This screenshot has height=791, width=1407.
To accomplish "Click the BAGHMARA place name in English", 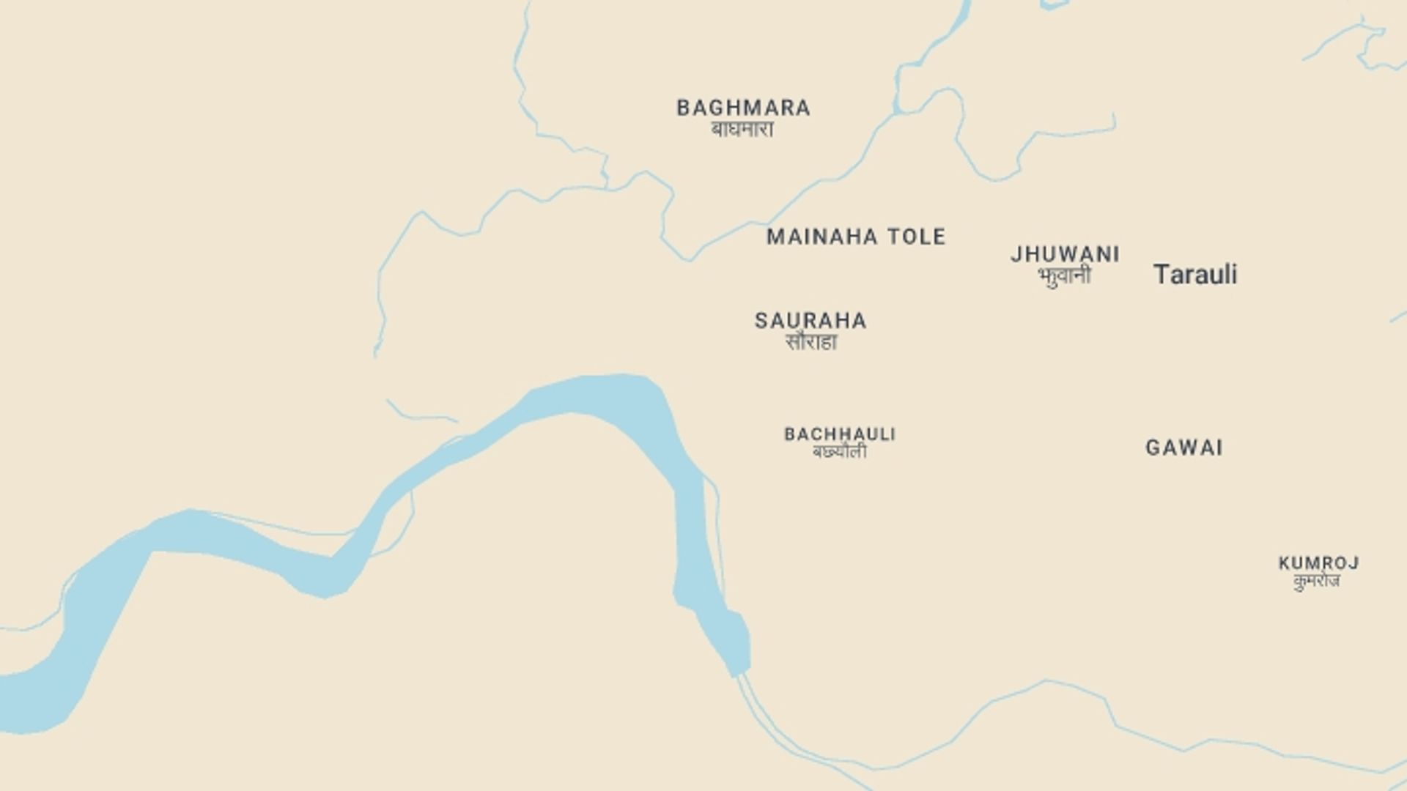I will point(743,108).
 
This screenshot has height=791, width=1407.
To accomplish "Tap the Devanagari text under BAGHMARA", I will point(742,130).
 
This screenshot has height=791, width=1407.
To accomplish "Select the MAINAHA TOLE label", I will point(856,237).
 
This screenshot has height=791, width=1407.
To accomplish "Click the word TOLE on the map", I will point(917,237).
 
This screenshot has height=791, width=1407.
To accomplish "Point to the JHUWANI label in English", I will point(1065,255).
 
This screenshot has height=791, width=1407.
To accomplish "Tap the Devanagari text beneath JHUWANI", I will point(1064,276).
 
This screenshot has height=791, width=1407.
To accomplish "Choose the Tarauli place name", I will point(1195,275).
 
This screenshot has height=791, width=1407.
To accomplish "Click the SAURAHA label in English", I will point(810,321).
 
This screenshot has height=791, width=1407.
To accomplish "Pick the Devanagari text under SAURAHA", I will point(810,342).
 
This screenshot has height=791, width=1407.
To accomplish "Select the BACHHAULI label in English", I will point(840,434).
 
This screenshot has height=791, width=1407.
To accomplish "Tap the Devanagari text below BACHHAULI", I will point(840,452).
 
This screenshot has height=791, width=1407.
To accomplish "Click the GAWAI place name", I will point(1184,448).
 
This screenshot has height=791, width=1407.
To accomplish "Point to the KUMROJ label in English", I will point(1318,563).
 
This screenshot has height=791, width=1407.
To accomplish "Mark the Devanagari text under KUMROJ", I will point(1317,581).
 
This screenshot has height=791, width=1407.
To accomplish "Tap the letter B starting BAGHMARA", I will point(683,108).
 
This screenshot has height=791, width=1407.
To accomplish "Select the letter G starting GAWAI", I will point(1153,448).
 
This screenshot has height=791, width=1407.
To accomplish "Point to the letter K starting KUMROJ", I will point(1284,563).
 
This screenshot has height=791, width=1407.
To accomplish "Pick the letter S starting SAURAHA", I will point(761,321).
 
